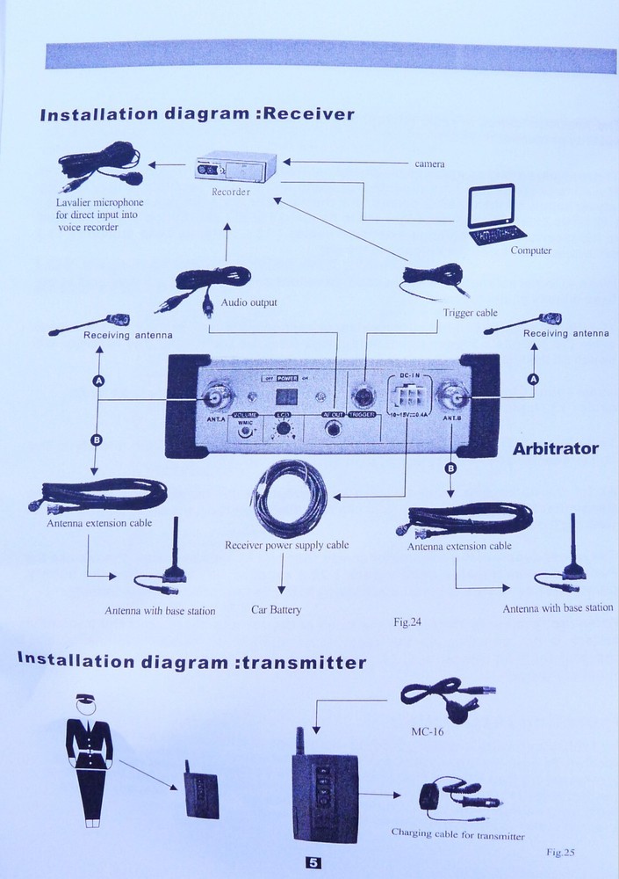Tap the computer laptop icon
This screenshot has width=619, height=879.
point(495,214)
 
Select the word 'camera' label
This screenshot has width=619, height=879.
point(429,164)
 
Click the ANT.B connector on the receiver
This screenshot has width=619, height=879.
point(452,398)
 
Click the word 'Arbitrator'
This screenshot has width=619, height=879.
point(555,448)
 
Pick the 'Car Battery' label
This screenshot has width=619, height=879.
point(276,609)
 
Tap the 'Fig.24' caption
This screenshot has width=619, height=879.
point(407,622)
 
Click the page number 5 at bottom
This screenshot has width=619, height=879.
point(313,862)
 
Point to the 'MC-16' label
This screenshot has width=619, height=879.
point(428,730)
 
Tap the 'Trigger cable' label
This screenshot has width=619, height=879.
point(470,312)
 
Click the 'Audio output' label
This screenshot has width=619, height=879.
point(248,302)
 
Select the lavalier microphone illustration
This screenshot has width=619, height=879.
point(99,168)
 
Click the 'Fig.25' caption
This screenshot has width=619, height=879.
point(559,851)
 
